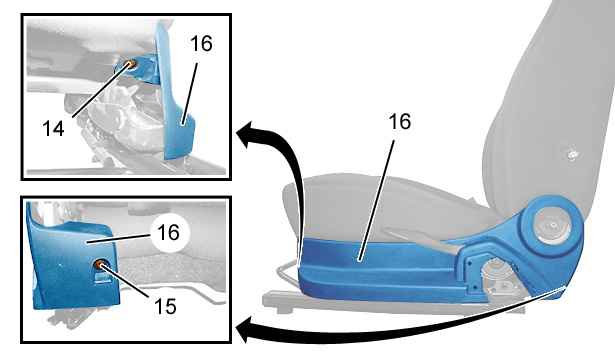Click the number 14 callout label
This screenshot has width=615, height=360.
(53, 128)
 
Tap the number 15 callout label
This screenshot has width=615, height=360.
(165, 306)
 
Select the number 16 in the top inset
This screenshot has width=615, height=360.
(201, 44)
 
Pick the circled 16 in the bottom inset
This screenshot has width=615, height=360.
(168, 233)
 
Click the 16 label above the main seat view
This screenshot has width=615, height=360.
(399, 122)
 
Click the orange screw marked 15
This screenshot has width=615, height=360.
(99, 265)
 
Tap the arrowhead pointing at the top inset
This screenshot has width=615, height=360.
(248, 135)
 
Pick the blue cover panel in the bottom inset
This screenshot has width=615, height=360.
(71, 263)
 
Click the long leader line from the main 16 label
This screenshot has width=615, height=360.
(376, 200)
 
